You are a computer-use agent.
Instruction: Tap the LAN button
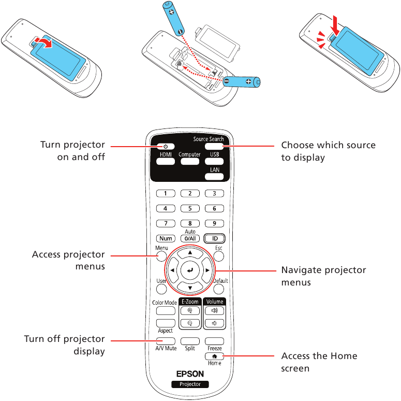pyautogui.click(x=214, y=176)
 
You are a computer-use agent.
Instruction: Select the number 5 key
pyautogui.click(x=190, y=208)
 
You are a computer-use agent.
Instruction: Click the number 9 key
pyautogui.click(x=214, y=223)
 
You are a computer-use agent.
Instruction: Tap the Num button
pyautogui.click(x=165, y=238)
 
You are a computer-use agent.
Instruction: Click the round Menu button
pyautogui.click(x=162, y=256)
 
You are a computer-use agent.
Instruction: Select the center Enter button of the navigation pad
pyautogui.click(x=190, y=270)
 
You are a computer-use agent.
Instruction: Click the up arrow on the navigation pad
pyautogui.click(x=190, y=253)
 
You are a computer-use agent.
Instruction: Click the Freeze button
pyautogui.click(x=214, y=341)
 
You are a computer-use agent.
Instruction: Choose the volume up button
pyautogui.click(x=214, y=311)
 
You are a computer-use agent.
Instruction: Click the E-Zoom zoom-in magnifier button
pyautogui.click(x=190, y=311)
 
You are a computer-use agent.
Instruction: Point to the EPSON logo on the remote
pyautogui.click(x=190, y=373)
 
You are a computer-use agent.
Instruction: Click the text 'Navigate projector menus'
pyautogui.click(x=323, y=276)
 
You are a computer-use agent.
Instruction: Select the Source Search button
pyautogui.click(x=214, y=147)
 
